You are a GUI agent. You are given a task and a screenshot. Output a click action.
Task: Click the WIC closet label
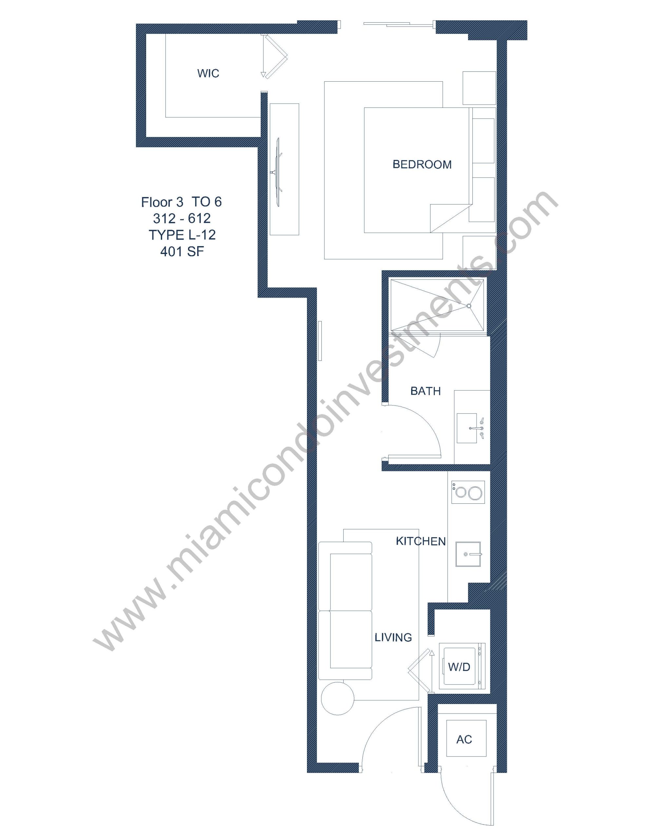pyautogui.click(x=208, y=73)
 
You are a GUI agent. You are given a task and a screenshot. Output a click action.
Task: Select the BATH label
pyautogui.click(x=425, y=391)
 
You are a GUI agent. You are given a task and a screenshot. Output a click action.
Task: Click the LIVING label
pyautogui.click(x=393, y=637)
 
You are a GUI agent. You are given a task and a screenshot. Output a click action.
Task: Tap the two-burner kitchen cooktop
pyautogui.click(x=468, y=492)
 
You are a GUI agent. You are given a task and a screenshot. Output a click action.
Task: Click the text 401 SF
pyautogui.click(x=182, y=252)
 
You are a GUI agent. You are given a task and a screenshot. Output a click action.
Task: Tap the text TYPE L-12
pyautogui.click(x=182, y=235)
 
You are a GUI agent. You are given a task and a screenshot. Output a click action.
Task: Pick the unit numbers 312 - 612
pyautogui.click(x=182, y=218)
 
